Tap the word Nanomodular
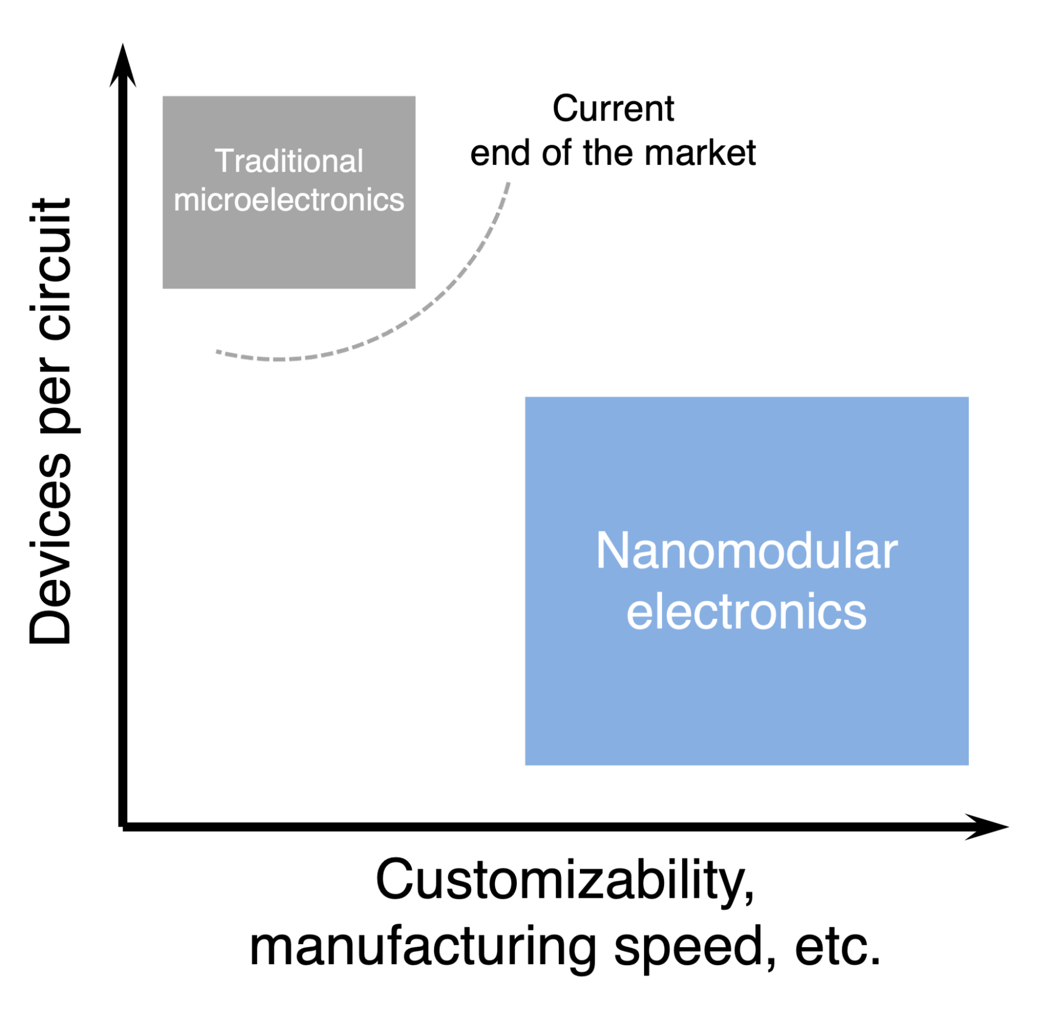[747, 551]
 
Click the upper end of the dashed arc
[508, 184]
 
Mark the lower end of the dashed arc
[217, 352]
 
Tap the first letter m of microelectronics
[186, 201]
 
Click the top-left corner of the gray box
[164, 97]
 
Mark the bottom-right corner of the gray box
[415, 288]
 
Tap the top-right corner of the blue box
[968, 398]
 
